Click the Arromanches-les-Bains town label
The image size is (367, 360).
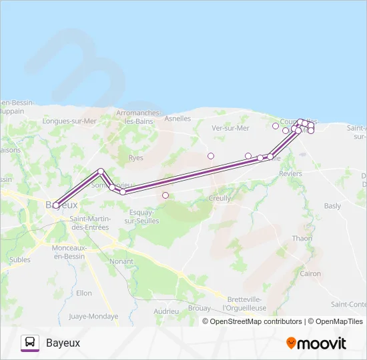coord(137,117)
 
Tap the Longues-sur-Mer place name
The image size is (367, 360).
coord(69,121)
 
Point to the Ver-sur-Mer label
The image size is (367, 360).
coord(230,128)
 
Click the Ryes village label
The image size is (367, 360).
coord(135,158)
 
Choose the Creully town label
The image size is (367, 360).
coord(220,198)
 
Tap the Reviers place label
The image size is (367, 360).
coord(291,173)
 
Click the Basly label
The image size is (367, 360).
coord(332,206)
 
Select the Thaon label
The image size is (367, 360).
coord(302,238)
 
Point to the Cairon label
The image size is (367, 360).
coord(310,273)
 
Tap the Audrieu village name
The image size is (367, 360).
coord(166,311)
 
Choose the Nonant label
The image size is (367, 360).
coord(121,262)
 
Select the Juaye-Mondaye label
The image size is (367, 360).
coord(93,317)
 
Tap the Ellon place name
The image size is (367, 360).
coord(84,293)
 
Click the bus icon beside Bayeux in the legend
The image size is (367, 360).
coord(30,343)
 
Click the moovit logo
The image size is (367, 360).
coord(316,343)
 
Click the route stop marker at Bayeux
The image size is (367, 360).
coord(55,205)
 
